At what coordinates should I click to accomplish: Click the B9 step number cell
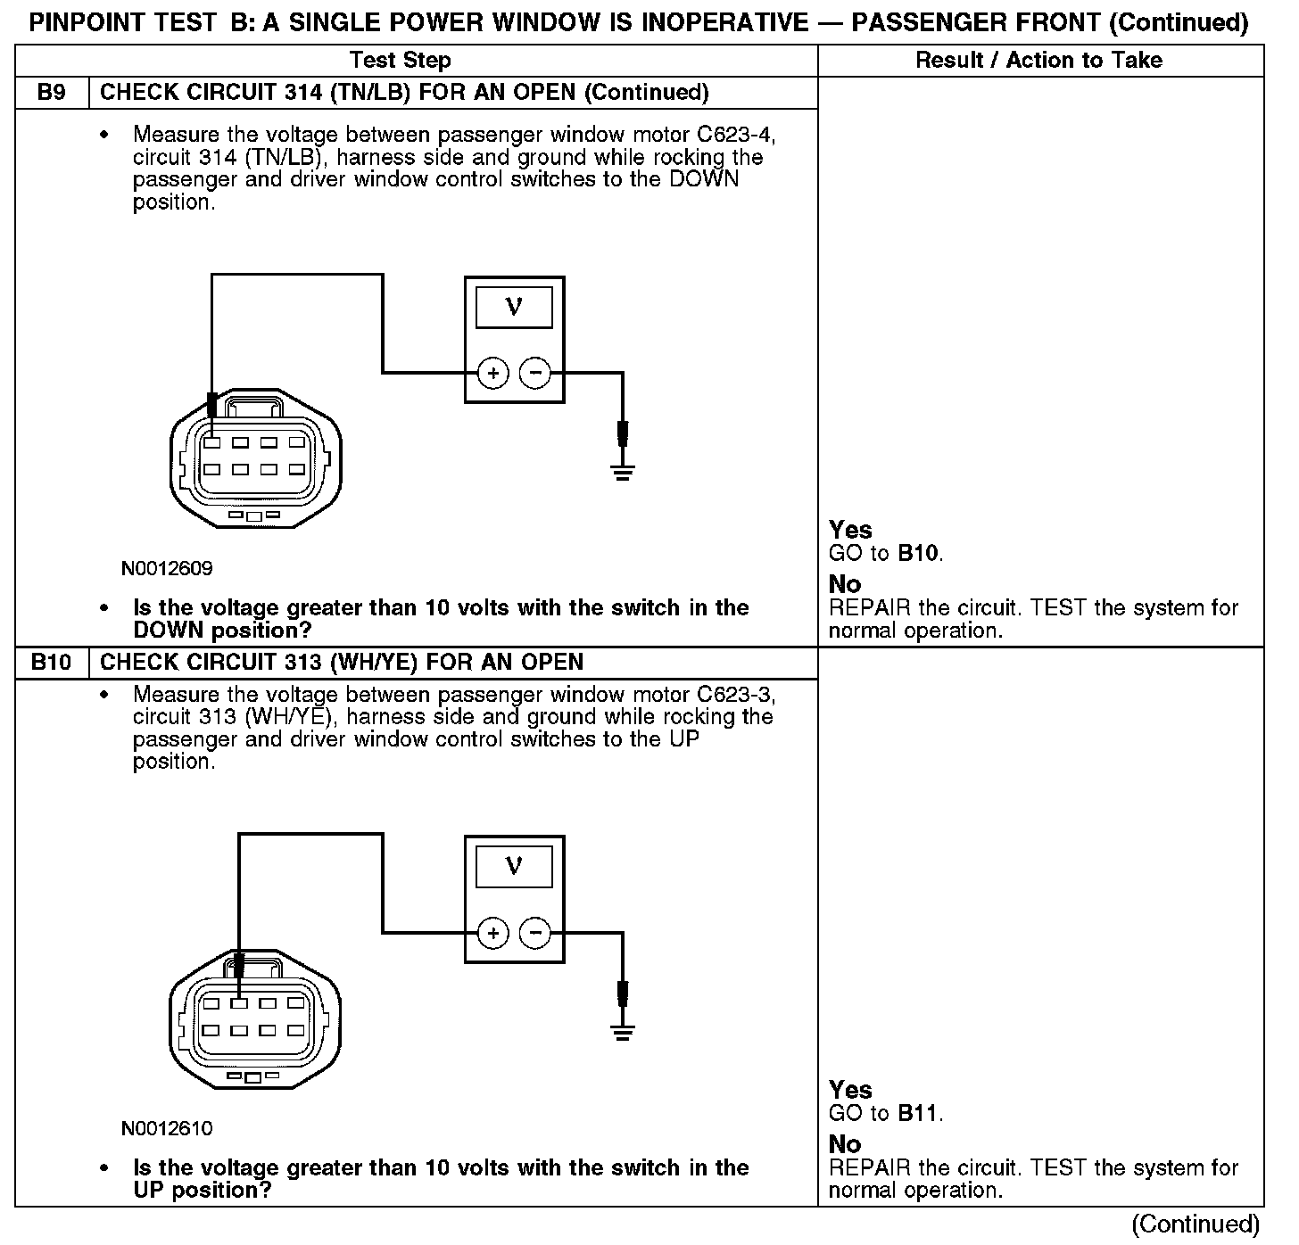(52, 93)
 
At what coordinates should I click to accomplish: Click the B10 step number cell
(52, 663)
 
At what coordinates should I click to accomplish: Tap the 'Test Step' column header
(400, 61)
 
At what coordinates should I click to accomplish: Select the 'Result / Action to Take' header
(1039, 61)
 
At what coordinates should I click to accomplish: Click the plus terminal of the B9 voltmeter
(493, 373)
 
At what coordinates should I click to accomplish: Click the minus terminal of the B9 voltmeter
(535, 373)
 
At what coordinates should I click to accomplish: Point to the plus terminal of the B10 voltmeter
(493, 934)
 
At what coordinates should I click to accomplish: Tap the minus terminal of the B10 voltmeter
(535, 934)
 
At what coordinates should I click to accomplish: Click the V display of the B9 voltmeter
(514, 308)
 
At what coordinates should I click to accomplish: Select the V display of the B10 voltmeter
(514, 867)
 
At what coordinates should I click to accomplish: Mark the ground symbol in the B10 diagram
(623, 1032)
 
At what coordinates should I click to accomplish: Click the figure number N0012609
(167, 569)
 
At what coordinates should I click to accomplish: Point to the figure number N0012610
(167, 1129)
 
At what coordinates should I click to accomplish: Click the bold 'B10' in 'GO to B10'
(918, 554)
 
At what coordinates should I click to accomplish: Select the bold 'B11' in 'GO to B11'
(918, 1114)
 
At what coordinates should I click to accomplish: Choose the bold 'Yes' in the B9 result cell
(850, 531)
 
